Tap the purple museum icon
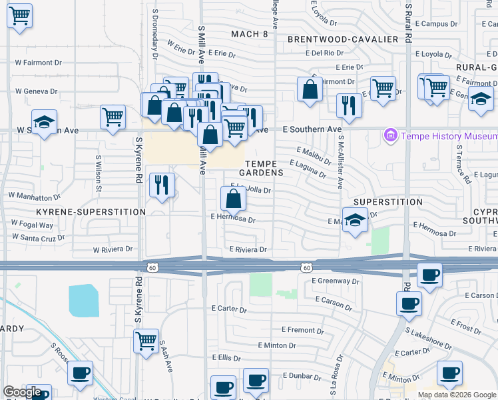(x=390, y=137)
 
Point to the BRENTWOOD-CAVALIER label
(x=343, y=39)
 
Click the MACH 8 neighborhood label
(x=249, y=33)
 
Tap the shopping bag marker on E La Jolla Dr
(x=233, y=199)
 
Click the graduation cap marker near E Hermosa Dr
(x=356, y=221)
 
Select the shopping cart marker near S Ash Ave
(x=146, y=341)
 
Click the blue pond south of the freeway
(x=83, y=300)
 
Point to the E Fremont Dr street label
(x=302, y=330)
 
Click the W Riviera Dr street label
(x=113, y=249)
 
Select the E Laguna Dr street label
(x=308, y=168)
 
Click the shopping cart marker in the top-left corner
(x=20, y=15)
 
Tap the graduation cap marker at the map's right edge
(x=481, y=99)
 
